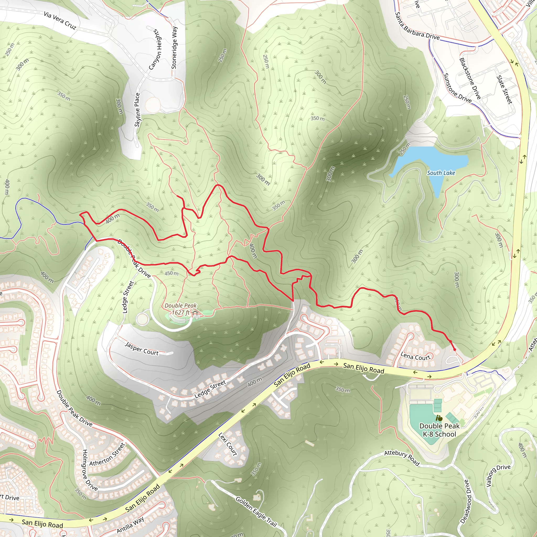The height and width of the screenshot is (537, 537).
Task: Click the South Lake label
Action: click(x=441, y=173)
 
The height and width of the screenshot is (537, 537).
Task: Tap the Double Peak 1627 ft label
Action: click(x=180, y=309)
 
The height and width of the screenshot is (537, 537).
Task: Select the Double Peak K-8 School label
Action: click(x=439, y=430)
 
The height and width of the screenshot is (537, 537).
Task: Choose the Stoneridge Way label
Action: click(x=174, y=47)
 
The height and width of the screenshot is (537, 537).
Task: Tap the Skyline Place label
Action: click(x=137, y=110)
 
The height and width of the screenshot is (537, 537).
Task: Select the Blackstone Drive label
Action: click(x=470, y=78)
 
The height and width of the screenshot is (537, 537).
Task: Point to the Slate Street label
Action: click(x=504, y=89)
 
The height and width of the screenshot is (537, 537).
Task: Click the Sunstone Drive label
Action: click(x=457, y=88)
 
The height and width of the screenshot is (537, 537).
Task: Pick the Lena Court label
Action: click(x=415, y=356)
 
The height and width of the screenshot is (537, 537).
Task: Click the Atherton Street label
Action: click(x=107, y=455)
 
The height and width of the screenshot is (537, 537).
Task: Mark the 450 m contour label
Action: click(x=171, y=273)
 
